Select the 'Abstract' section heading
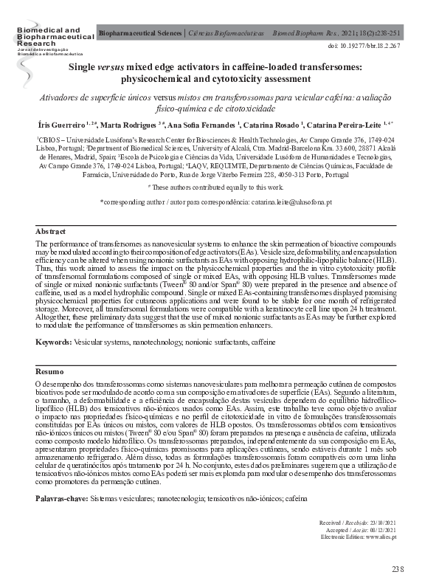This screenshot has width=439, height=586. pyautogui.click(x=51, y=231)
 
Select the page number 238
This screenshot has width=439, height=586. pyautogui.click(x=398, y=568)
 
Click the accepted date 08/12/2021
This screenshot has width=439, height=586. pyautogui.click(x=384, y=530)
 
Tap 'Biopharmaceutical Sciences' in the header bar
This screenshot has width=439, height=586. pyautogui.click(x=139, y=34)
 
